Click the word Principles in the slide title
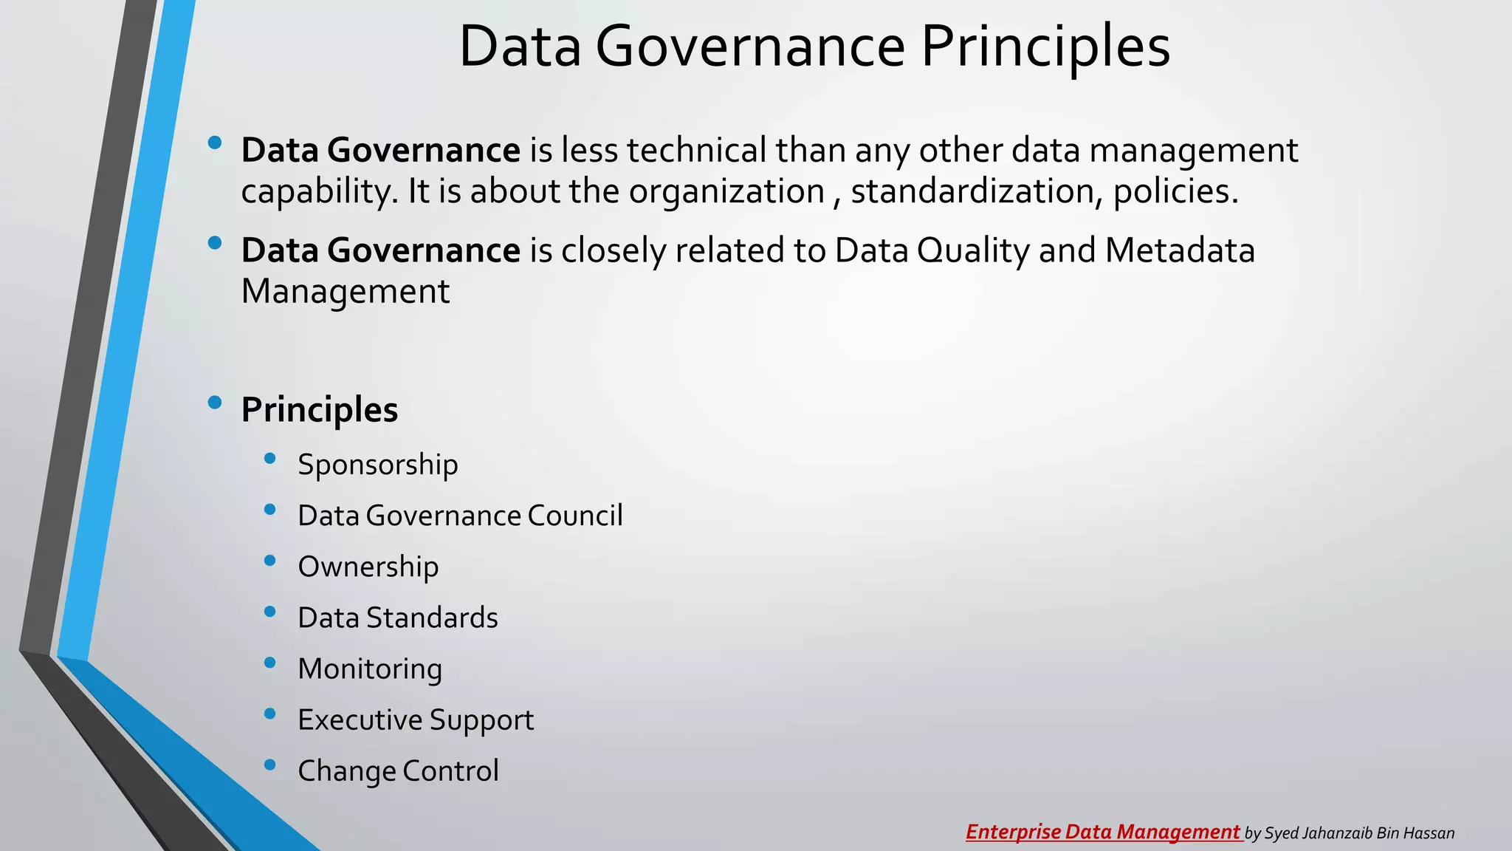click(x=1045, y=47)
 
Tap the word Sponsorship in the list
click(x=377, y=465)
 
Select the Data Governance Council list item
click(x=460, y=516)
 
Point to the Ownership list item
click(x=368, y=567)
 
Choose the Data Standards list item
click(x=397, y=618)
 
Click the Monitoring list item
click(x=370, y=669)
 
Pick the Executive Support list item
click(x=415, y=720)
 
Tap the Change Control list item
click(x=398, y=770)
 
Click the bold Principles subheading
click(x=319, y=410)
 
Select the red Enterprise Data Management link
click(x=1103, y=832)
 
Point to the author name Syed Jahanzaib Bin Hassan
click(x=1359, y=833)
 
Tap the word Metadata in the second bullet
click(x=1180, y=250)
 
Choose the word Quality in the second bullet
click(x=973, y=251)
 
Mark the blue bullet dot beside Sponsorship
click(x=269, y=459)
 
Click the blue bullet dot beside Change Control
click(x=269, y=765)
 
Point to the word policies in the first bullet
click(x=1175, y=191)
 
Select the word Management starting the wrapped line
click(x=345, y=291)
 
